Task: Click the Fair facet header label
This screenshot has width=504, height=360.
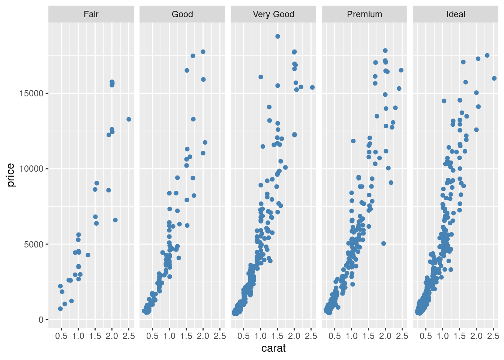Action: (91, 14)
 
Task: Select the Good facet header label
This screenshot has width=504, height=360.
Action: (182, 14)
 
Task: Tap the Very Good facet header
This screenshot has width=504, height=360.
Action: (273, 14)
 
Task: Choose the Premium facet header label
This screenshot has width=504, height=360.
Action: (364, 14)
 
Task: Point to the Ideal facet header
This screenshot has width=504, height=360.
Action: (456, 14)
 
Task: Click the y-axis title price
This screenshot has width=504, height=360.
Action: (10, 175)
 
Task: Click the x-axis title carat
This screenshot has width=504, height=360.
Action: (273, 348)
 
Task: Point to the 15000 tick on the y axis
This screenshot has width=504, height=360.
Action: (31, 93)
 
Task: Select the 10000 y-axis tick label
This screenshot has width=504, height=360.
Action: (31, 169)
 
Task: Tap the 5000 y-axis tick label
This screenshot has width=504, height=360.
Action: (34, 244)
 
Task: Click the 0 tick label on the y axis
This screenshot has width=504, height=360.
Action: (41, 320)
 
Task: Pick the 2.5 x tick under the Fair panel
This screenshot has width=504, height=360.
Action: (129, 336)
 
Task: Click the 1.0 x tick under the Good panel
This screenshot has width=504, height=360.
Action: (169, 336)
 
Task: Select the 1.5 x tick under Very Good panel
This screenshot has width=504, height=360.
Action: (277, 336)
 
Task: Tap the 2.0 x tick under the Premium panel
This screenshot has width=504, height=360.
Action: (385, 336)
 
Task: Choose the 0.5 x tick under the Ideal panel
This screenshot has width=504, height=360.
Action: (426, 336)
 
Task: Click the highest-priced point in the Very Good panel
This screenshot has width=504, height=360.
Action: (277, 36)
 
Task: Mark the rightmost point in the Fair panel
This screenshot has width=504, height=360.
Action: (129, 119)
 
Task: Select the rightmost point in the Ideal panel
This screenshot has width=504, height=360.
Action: (494, 78)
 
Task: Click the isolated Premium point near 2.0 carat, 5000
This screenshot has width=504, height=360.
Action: (384, 243)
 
